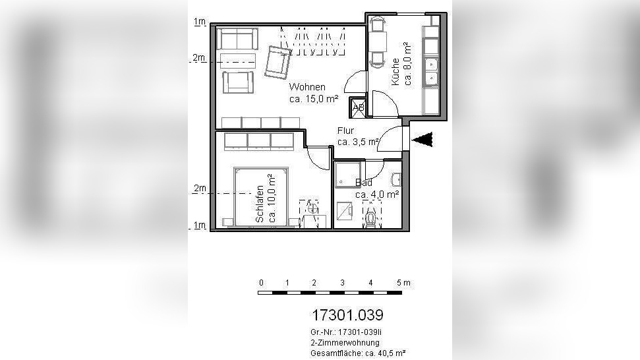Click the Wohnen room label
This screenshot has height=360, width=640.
[307, 87]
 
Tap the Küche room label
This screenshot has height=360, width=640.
[395, 72]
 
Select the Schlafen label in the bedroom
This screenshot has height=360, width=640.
[260, 204]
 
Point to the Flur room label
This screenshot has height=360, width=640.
[345, 131]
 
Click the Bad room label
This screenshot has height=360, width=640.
[363, 183]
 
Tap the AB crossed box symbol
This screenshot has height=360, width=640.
[358, 107]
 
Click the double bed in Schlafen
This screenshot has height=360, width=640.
[261, 196]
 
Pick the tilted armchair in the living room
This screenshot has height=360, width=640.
[277, 63]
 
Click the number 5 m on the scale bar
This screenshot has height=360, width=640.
[403, 282]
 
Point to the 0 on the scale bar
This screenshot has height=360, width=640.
[261, 282]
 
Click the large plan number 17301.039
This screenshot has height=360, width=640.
[347, 315]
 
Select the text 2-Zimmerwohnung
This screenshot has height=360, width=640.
[345, 343]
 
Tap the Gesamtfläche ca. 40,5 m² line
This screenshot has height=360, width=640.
[358, 353]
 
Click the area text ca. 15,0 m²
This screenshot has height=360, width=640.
[314, 98]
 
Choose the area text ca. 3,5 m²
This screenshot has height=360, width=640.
[358, 142]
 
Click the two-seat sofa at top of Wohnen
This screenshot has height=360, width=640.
[237, 39]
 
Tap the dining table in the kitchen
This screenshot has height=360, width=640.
[377, 42]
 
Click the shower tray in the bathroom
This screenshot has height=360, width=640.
[347, 175]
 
